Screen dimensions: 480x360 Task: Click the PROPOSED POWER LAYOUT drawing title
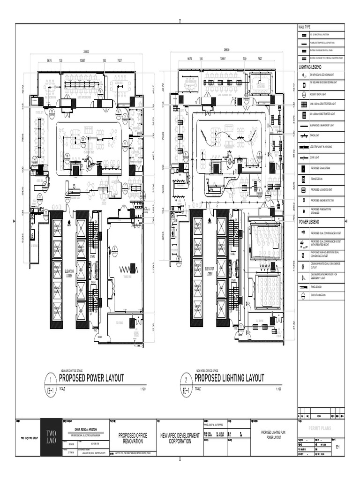(91, 378)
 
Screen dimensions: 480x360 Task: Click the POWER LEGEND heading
(310, 221)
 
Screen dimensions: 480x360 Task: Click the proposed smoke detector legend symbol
(303, 200)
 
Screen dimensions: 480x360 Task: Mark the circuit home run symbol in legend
(303, 296)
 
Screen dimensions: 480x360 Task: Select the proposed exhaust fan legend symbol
(303, 168)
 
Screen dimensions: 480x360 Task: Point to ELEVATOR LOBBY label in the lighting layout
(210, 270)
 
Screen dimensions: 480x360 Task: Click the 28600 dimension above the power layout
(87, 52)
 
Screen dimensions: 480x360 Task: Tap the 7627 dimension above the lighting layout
(260, 60)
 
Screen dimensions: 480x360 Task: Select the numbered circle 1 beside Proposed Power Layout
(50, 379)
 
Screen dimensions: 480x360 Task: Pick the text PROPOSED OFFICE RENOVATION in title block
(132, 438)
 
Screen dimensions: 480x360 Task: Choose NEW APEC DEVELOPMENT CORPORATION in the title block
(180, 438)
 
